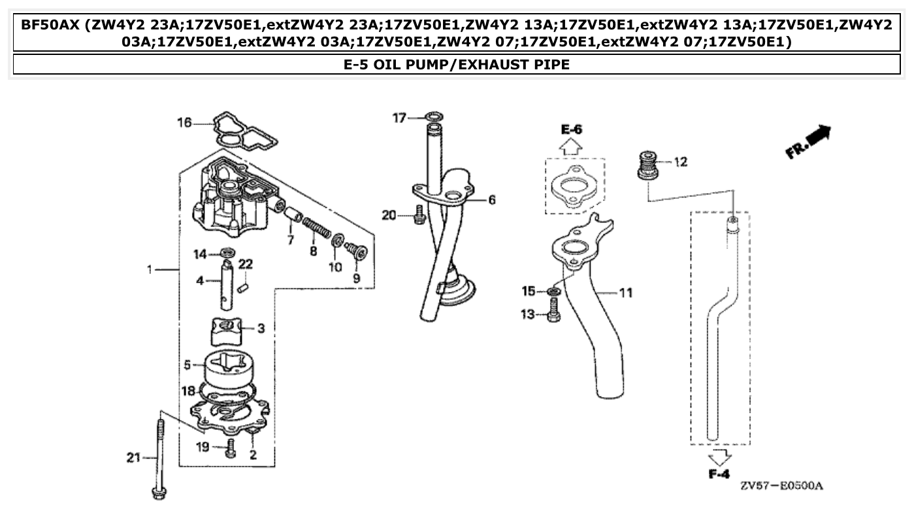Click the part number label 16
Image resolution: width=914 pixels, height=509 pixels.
[185, 122]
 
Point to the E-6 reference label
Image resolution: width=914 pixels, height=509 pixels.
[572, 130]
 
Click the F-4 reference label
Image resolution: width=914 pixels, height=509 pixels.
[719, 474]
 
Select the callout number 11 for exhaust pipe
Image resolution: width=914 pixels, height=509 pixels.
[625, 292]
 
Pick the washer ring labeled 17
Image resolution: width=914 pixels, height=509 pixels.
[432, 118]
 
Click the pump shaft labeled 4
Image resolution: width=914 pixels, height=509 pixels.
[229, 285]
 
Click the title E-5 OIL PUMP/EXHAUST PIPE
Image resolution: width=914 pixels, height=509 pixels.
[457, 65]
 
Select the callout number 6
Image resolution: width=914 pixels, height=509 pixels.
[491, 200]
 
